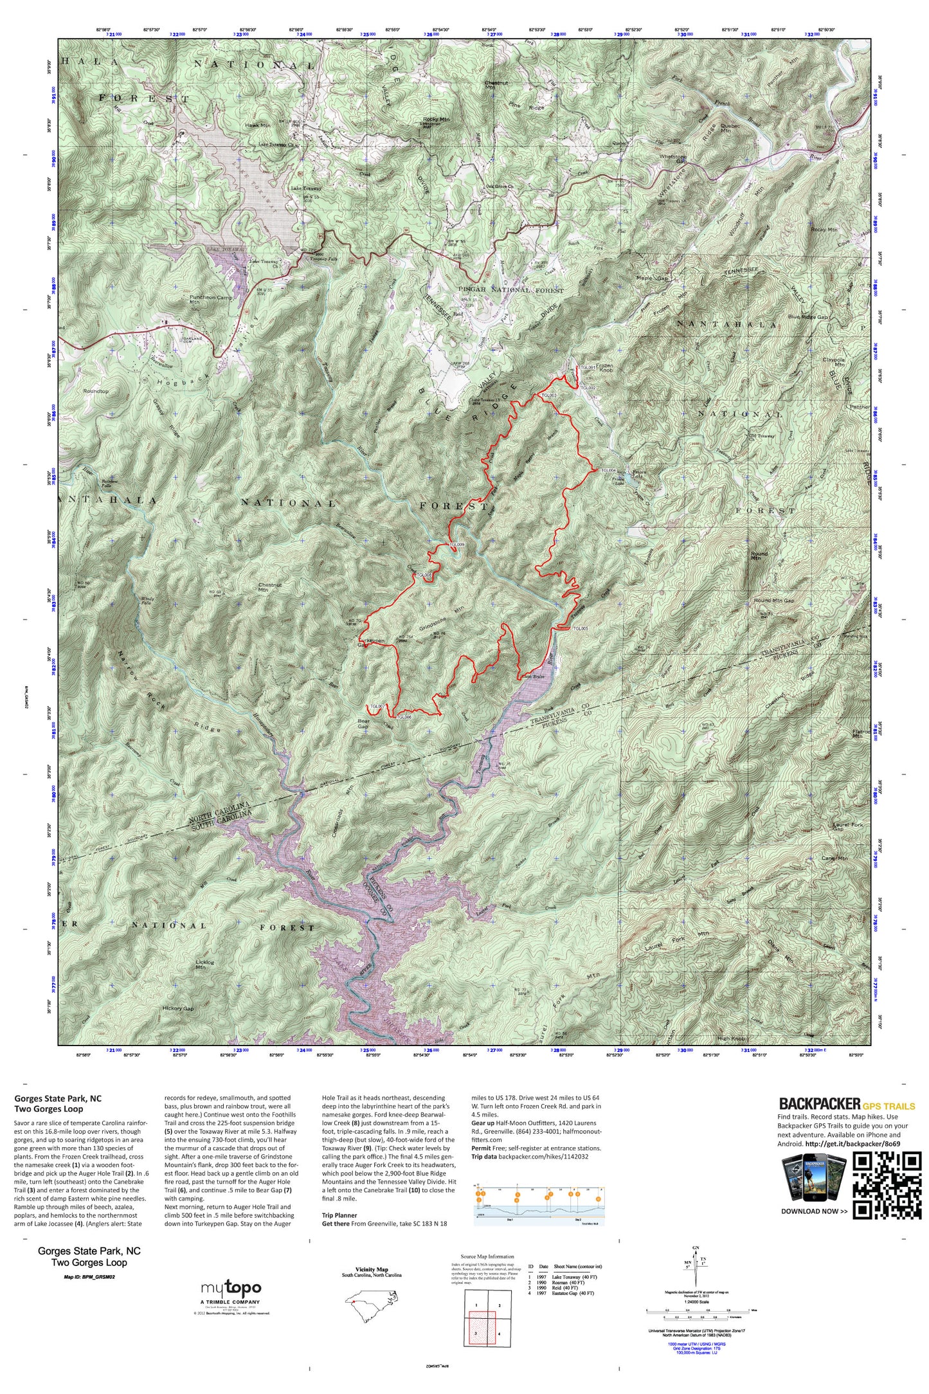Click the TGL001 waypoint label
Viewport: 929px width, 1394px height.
(x=588, y=367)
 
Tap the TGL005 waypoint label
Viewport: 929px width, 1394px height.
(x=581, y=628)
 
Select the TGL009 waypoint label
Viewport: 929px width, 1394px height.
(x=456, y=544)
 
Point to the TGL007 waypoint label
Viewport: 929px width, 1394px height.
(x=377, y=706)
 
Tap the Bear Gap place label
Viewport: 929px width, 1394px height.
(x=363, y=724)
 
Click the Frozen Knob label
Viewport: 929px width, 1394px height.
(x=605, y=368)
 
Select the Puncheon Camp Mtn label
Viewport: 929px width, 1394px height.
(x=211, y=300)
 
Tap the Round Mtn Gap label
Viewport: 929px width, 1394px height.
(x=773, y=601)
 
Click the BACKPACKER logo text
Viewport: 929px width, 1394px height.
(x=819, y=1104)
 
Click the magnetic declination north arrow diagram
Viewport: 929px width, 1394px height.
(x=695, y=1266)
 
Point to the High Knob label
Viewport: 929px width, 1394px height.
(x=731, y=1038)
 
